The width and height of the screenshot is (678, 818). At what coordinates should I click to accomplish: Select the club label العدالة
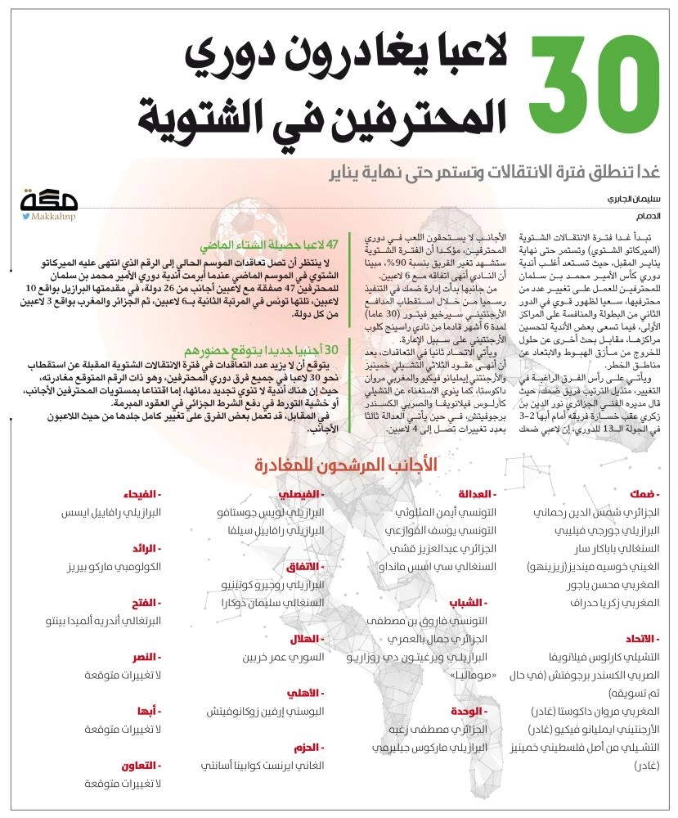tap(477, 495)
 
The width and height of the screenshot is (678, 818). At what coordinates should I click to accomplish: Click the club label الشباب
tap(478, 601)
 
